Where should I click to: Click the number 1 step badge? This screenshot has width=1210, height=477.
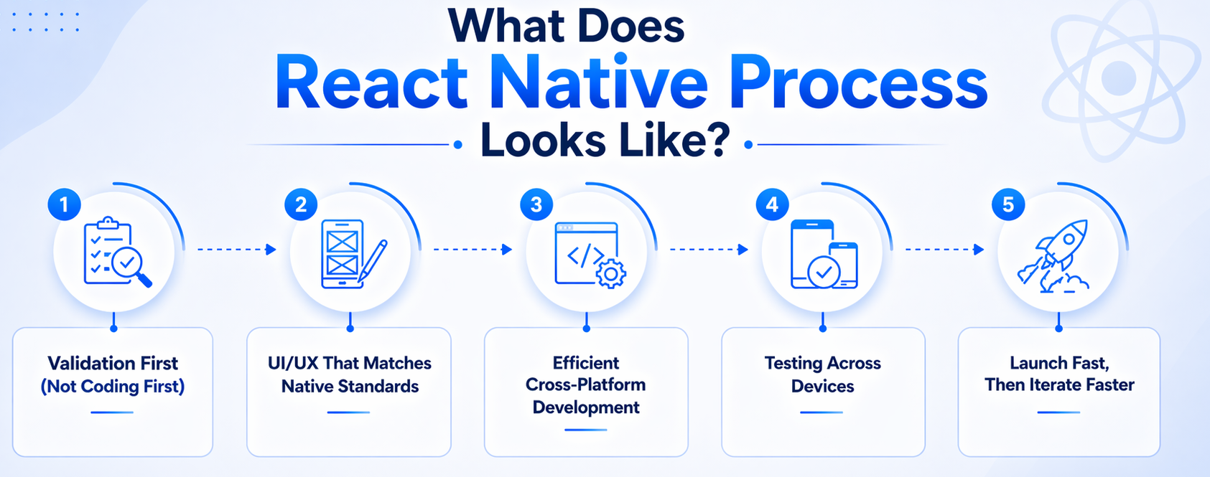tap(64, 205)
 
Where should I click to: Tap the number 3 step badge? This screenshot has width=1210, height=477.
tap(536, 205)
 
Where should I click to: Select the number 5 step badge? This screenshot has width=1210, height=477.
tap(1008, 205)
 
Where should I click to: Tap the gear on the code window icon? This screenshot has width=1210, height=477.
tap(610, 273)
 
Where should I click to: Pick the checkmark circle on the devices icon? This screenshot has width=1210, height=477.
tap(824, 272)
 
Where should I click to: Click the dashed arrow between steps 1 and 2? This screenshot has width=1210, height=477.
tap(236, 250)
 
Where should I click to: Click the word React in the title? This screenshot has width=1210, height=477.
tap(371, 85)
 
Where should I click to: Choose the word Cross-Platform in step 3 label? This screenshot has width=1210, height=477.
tap(585, 385)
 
